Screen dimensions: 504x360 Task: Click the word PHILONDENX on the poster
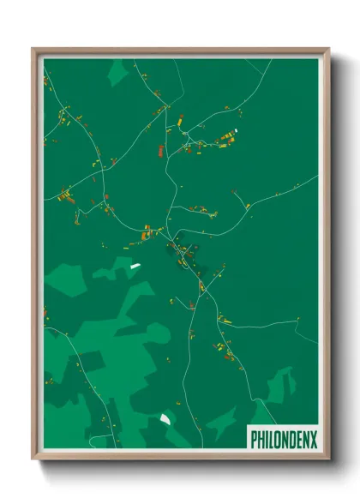pyautogui.click(x=283, y=439)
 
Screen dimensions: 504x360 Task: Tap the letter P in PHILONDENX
pyautogui.click(x=254, y=439)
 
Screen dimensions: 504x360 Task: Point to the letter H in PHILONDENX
pyautogui.click(x=261, y=439)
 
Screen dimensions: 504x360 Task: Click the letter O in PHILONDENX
pyautogui.click(x=278, y=439)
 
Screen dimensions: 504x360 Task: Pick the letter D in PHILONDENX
pyautogui.click(x=292, y=439)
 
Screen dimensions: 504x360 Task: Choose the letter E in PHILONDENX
pyautogui.click(x=299, y=439)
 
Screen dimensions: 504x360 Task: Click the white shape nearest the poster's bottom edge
pyautogui.click(x=165, y=418)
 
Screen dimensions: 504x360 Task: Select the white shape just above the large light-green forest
pyautogui.click(x=135, y=267)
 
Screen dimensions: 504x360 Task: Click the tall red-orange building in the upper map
pyautogui.click(x=159, y=151)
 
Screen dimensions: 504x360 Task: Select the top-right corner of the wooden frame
pyautogui.click(x=327, y=50)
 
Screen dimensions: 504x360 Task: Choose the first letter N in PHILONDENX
pyautogui.click(x=285, y=439)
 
